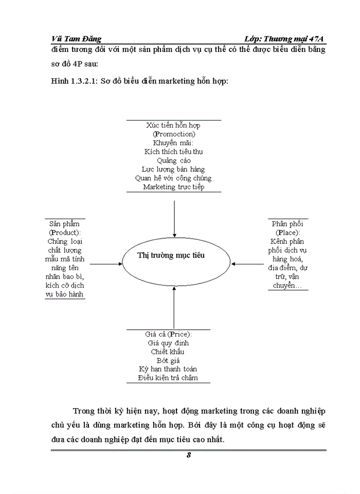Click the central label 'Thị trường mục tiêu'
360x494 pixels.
[174, 255]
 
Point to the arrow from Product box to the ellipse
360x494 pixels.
[105, 264]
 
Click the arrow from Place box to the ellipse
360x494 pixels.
[249, 264]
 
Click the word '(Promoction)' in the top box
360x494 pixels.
[174, 134]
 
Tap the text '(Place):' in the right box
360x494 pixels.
[288, 233]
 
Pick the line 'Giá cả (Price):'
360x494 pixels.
[169, 334]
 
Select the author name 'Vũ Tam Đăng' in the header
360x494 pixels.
[77, 39]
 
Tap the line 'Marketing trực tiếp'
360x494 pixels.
[174, 187]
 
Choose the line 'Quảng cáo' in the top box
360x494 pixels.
[174, 160]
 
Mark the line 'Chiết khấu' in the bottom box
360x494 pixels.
[168, 351]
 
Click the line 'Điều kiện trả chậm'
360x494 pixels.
[168, 378]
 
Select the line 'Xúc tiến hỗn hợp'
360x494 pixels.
[174, 125]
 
